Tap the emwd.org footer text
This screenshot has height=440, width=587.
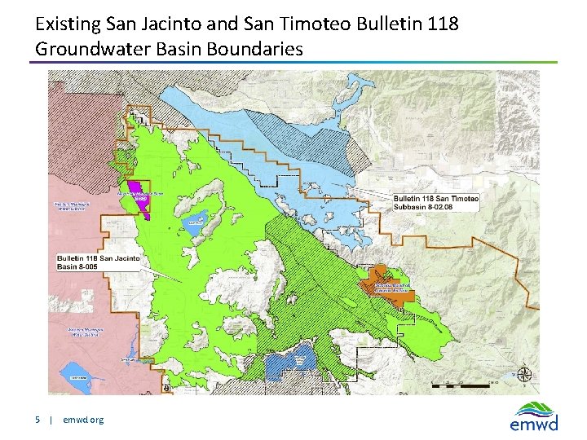click(83, 420)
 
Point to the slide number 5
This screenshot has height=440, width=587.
click(38, 420)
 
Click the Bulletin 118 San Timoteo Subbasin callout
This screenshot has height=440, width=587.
click(436, 203)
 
